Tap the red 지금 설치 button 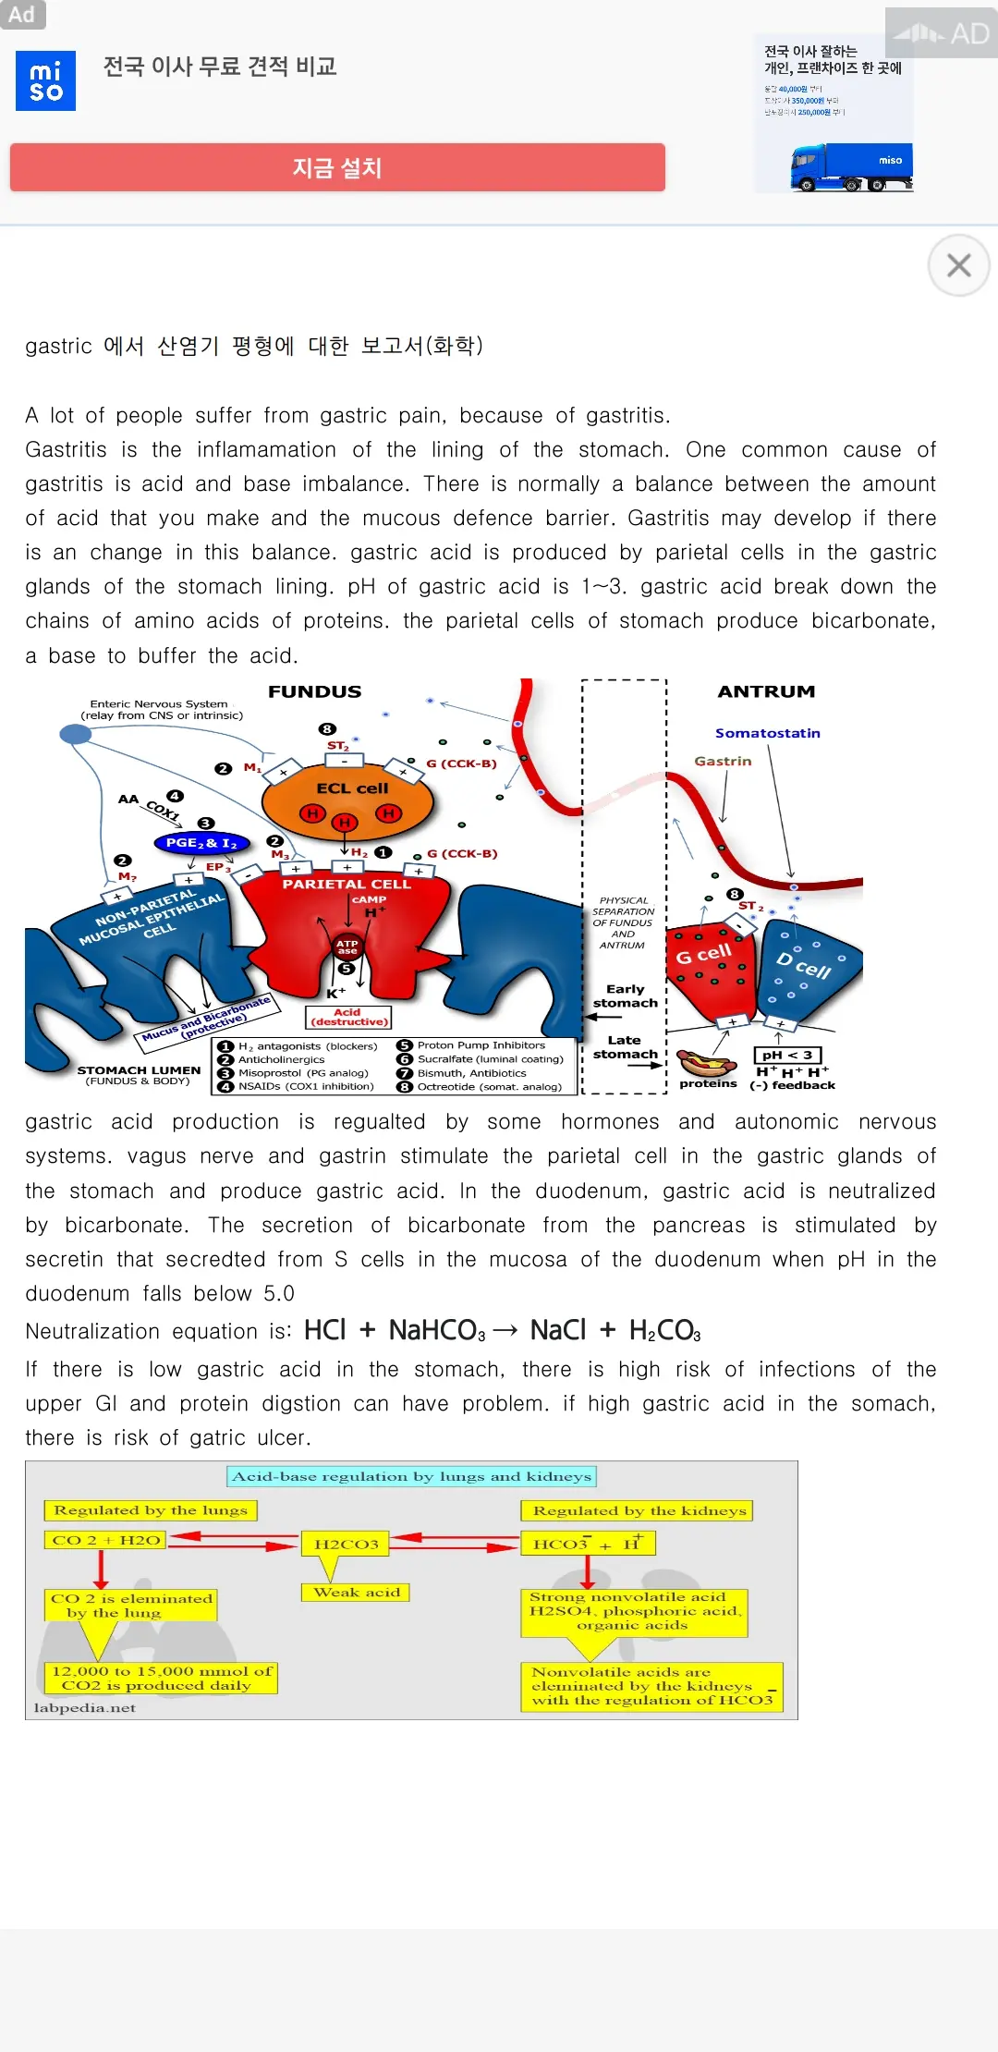click(x=337, y=167)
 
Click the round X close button click(x=958, y=266)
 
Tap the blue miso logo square click(x=45, y=81)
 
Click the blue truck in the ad click(x=850, y=167)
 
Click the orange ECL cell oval click(x=347, y=800)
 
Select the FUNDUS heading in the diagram click(x=314, y=691)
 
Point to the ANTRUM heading click(x=766, y=691)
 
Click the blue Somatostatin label click(x=767, y=733)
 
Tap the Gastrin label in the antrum click(x=723, y=761)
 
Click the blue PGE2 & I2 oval click(x=201, y=843)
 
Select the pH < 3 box click(x=787, y=1055)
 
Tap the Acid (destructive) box click(x=348, y=1017)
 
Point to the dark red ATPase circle click(x=347, y=947)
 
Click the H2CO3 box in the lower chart click(x=347, y=1544)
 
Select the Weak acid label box click(x=356, y=1592)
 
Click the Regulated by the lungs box click(x=151, y=1510)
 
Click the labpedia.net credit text click(x=84, y=1707)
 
